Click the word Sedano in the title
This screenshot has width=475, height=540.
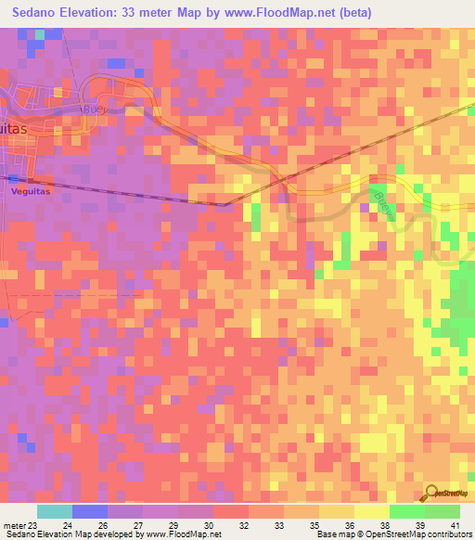click(x=41, y=12)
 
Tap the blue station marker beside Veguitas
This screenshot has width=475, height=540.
click(x=12, y=177)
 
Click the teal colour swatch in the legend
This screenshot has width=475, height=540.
click(x=54, y=511)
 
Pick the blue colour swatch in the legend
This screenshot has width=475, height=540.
click(x=89, y=511)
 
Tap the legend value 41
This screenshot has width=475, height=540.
click(x=455, y=524)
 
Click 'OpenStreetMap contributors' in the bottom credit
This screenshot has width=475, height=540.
click(x=420, y=534)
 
